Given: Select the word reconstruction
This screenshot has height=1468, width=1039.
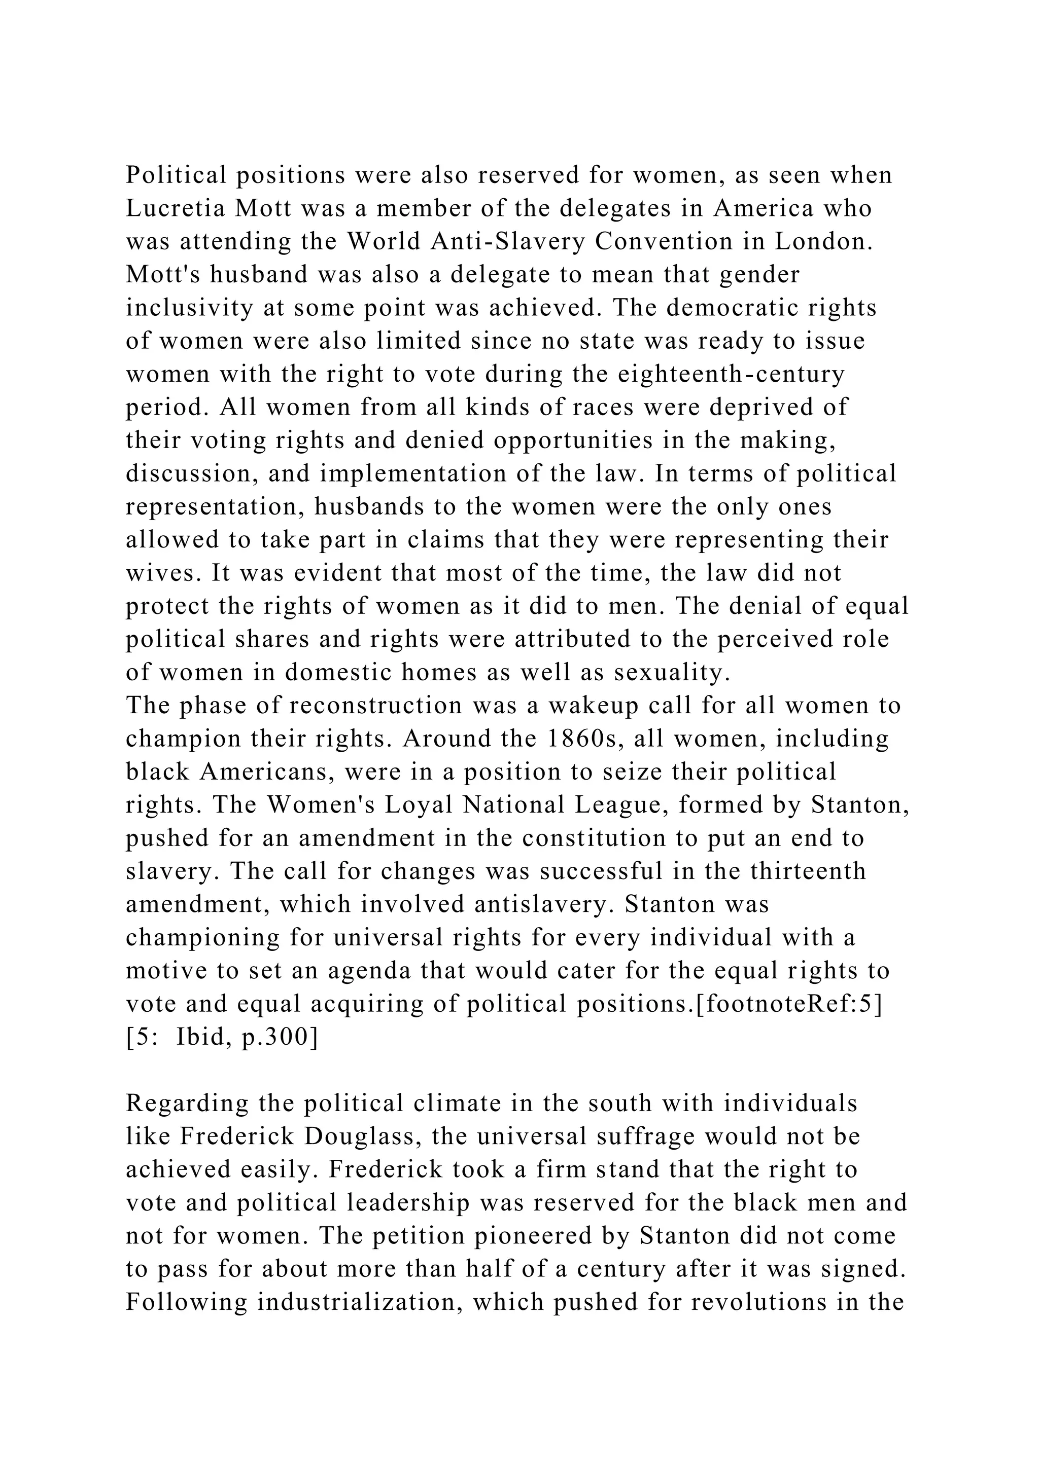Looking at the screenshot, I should [x=375, y=705].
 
